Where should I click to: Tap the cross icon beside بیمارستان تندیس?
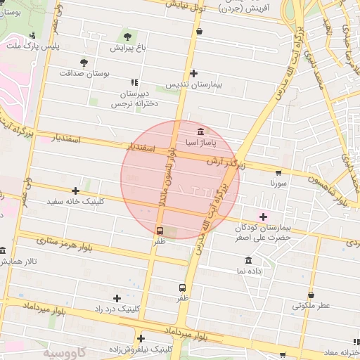point(194,73)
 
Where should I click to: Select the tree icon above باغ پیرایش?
point(127,37)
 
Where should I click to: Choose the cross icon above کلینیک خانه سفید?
point(75,191)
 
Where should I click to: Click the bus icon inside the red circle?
point(160,231)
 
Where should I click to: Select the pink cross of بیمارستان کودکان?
point(264,217)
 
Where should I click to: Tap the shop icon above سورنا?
point(278,172)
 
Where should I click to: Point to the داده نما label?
point(249,271)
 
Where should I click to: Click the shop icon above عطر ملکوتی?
point(311,295)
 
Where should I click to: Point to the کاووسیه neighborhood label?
point(66,351)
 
